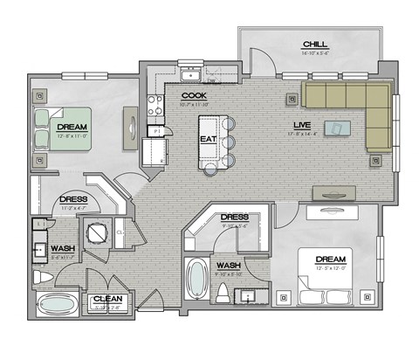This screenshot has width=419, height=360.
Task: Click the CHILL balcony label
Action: click(314, 44)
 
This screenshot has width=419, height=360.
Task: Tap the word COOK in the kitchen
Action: click(194, 96)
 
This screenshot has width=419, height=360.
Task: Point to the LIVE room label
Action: click(301, 125)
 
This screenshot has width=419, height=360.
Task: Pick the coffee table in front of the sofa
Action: click(335, 128)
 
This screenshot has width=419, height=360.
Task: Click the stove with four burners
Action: click(155, 106)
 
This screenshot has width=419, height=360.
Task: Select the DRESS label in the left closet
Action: click(73, 199)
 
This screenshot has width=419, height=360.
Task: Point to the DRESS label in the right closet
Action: click(234, 217)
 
